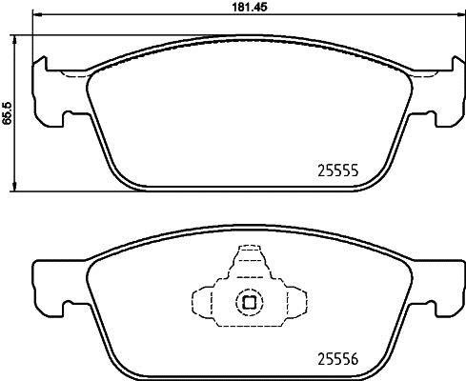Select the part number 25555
335,172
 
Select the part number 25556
335,358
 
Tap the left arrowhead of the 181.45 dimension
34,20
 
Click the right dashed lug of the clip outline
294,302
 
